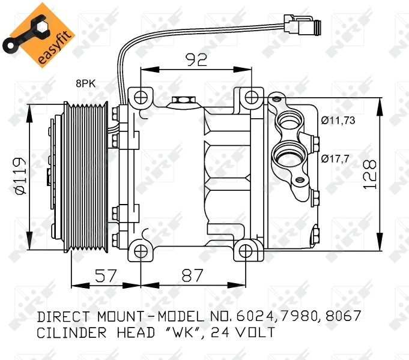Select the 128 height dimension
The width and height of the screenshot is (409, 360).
[371, 175]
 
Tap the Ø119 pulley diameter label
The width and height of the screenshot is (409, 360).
[19, 176]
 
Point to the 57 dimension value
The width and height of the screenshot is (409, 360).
[106, 276]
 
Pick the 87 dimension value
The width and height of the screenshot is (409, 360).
[193, 276]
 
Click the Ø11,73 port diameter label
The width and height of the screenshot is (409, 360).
[338, 121]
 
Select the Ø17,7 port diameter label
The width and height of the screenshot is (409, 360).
[335, 159]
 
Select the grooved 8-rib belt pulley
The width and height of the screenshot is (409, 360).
[88, 175]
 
